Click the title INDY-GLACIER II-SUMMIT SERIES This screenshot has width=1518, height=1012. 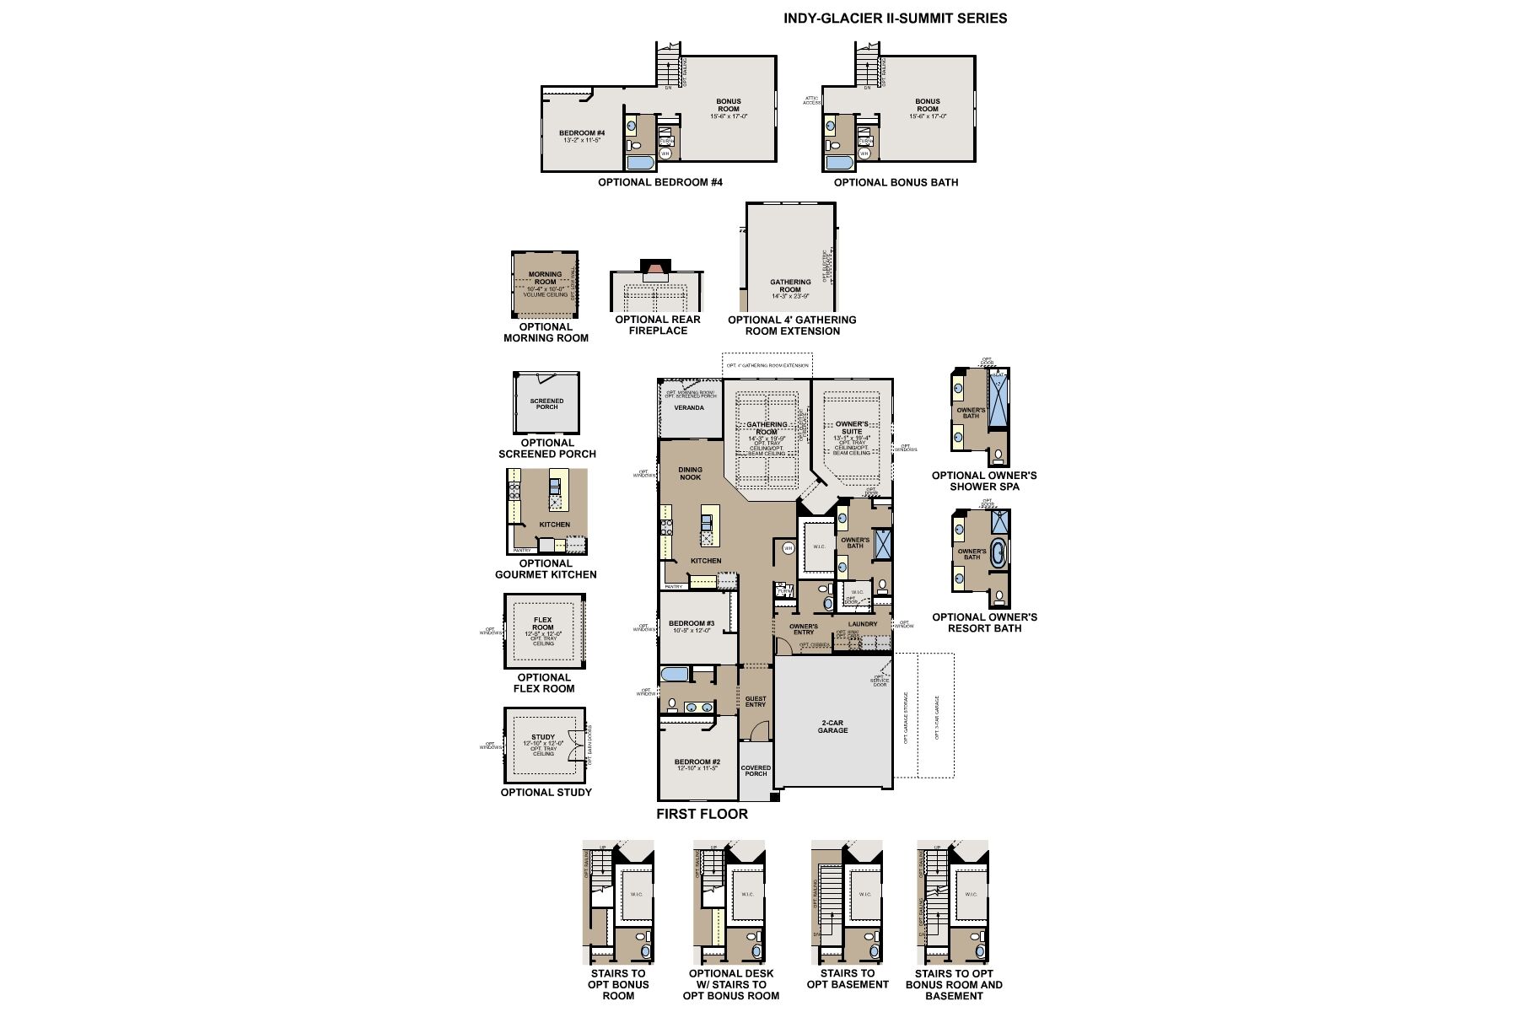click(x=895, y=18)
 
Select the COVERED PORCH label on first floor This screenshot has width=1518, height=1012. click(x=756, y=771)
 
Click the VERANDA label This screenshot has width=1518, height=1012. click(x=688, y=408)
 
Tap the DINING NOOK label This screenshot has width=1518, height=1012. click(x=690, y=473)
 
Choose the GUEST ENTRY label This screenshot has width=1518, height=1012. click(x=756, y=701)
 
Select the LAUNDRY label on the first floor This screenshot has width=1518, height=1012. click(x=863, y=624)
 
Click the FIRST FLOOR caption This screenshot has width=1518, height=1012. click(x=702, y=814)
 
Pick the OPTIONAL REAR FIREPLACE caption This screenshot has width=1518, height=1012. click(x=657, y=325)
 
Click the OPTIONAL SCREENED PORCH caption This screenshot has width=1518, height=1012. click(x=546, y=448)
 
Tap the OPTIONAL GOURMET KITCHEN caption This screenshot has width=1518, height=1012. click(x=546, y=568)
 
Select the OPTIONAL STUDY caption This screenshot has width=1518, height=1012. click(x=546, y=792)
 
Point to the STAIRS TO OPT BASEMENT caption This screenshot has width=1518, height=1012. click(x=848, y=978)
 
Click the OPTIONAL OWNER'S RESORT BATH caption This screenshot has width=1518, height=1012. click(x=984, y=622)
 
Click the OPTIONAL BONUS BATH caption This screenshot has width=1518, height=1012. click(x=896, y=182)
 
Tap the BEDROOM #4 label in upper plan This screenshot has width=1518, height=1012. click(x=582, y=134)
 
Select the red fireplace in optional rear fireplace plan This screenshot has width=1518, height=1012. click(x=654, y=275)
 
